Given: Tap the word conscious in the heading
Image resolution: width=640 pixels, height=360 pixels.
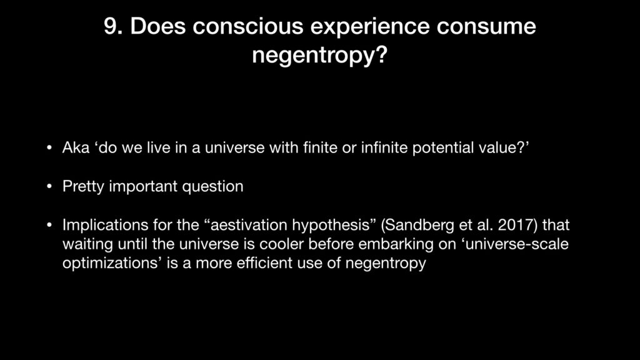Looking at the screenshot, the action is pyautogui.click(x=247, y=26).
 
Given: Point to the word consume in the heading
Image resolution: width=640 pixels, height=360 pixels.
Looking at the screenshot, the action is pyautogui.click(x=486, y=26).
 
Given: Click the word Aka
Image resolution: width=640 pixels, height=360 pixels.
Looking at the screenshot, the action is pyautogui.click(x=76, y=147).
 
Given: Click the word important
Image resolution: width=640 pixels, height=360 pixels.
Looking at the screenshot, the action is pyautogui.click(x=143, y=187).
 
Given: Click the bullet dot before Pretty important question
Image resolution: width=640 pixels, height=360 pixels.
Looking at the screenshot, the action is pyautogui.click(x=49, y=186).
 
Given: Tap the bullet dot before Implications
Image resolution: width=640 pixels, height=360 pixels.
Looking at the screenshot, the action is pyautogui.click(x=49, y=225).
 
